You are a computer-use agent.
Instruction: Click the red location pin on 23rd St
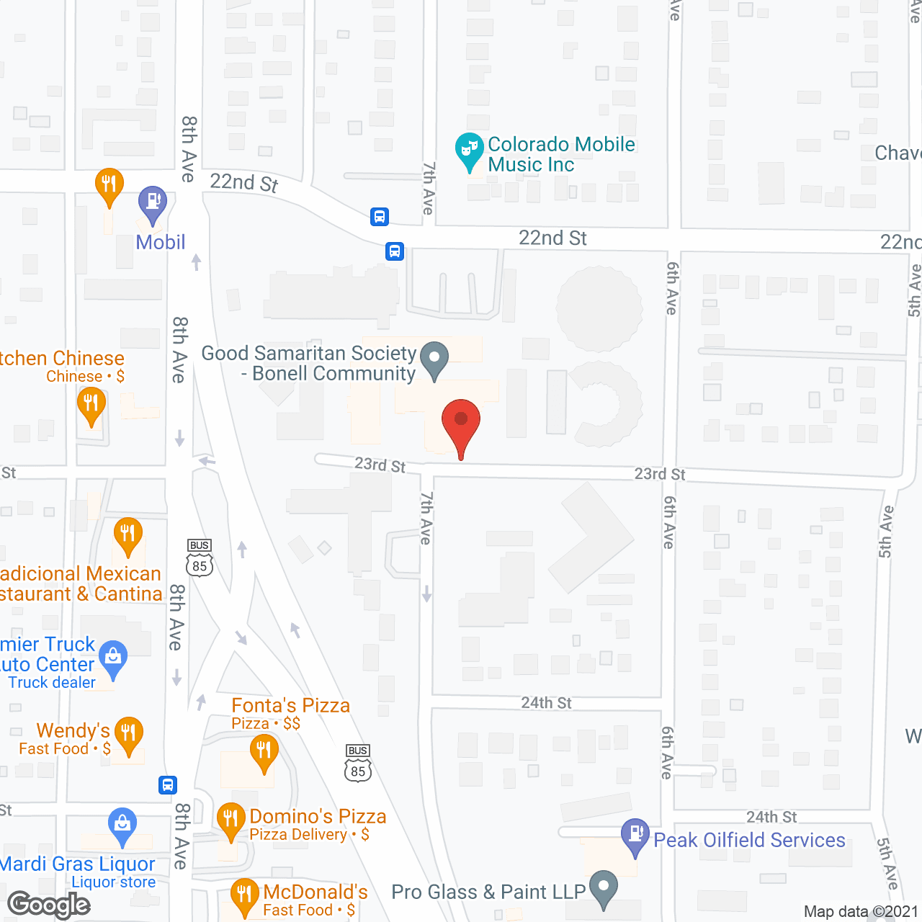(x=461, y=421)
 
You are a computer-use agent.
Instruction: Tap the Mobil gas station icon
(x=152, y=202)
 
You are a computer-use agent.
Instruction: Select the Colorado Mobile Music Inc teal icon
(x=470, y=150)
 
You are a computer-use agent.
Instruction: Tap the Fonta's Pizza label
(x=290, y=706)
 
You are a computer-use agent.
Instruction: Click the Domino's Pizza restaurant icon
(x=230, y=820)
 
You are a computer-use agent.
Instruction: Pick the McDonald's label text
(x=315, y=892)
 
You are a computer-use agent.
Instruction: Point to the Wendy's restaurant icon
(x=128, y=734)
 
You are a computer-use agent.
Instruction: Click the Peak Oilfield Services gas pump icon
(x=635, y=835)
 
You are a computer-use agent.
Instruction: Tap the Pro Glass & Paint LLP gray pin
(x=604, y=887)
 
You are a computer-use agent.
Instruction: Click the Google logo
(x=48, y=905)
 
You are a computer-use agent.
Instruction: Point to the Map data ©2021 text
(x=861, y=912)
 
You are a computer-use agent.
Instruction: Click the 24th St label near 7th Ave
(x=546, y=703)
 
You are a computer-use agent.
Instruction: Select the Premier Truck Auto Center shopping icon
(x=113, y=658)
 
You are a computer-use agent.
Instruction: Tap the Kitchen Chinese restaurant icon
(x=91, y=404)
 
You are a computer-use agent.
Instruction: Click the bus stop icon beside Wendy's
(x=167, y=785)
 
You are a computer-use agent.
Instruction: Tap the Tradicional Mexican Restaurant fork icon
(x=127, y=534)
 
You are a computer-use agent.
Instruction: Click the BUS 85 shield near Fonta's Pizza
(x=358, y=765)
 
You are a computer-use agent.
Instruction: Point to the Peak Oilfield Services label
(x=749, y=841)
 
